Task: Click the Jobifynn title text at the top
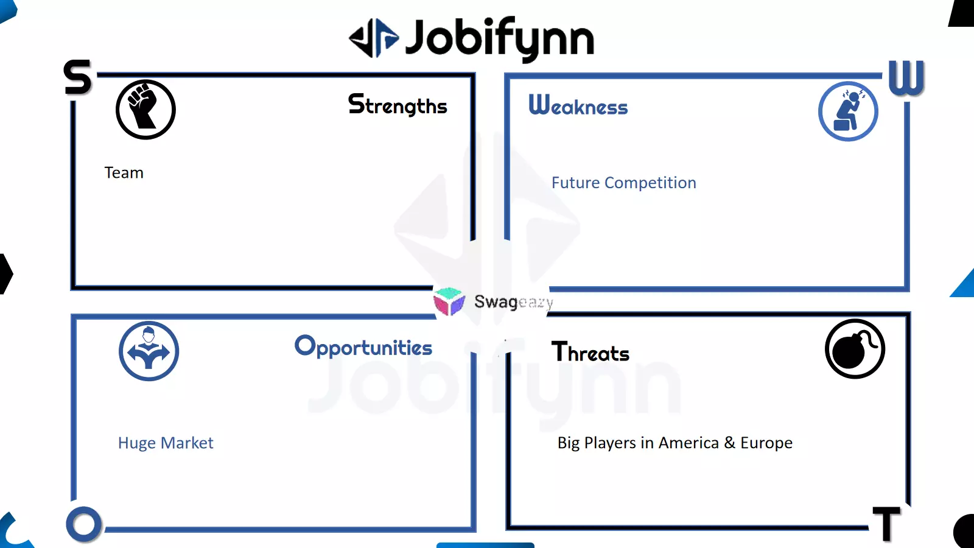point(500,39)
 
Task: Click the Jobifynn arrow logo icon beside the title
point(374,38)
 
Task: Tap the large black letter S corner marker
point(77,77)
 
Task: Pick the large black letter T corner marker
point(886,524)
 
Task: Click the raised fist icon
point(145,110)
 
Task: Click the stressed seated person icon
point(848,111)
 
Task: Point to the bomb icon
point(855,349)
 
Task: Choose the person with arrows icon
point(149,351)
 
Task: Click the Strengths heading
point(398,105)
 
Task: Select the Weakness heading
point(578,105)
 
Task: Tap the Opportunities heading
point(363,347)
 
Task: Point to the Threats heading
point(590,352)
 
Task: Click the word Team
point(124,173)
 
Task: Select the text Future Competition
point(624,183)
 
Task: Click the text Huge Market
point(166,443)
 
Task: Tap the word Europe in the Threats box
point(766,443)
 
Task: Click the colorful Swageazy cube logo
point(449,301)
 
